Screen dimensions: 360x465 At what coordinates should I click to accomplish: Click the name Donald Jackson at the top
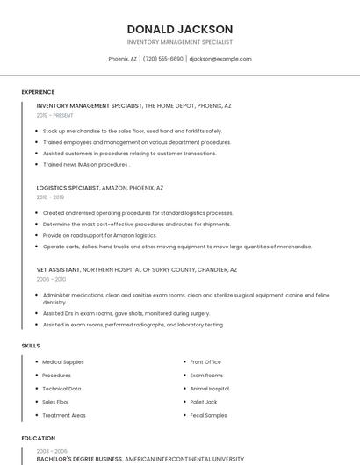(180, 29)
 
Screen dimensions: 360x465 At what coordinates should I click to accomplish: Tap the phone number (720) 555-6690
(162, 59)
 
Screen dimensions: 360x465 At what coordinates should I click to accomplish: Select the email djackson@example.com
(220, 59)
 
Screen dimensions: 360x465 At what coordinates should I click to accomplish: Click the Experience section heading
(38, 92)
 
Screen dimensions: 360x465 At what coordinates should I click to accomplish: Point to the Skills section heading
(31, 346)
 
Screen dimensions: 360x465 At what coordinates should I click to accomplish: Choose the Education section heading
(39, 438)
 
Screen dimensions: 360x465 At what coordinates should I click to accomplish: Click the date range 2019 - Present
(55, 115)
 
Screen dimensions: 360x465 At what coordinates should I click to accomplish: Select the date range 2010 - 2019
(50, 197)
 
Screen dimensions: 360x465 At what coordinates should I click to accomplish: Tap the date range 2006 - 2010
(50, 279)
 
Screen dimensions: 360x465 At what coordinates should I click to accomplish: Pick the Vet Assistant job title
(58, 269)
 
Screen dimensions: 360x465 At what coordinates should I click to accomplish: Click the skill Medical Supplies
(63, 361)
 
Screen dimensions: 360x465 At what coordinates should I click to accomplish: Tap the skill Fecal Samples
(208, 415)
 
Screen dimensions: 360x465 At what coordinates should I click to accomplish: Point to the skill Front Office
(205, 361)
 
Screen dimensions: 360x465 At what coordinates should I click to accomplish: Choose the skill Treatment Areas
(64, 415)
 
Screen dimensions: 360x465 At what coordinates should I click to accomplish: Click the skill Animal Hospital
(210, 389)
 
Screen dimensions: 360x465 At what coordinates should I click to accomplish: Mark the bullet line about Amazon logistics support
(99, 235)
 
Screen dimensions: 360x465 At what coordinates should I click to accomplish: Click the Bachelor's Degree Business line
(79, 459)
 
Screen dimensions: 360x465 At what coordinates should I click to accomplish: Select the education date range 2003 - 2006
(52, 450)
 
